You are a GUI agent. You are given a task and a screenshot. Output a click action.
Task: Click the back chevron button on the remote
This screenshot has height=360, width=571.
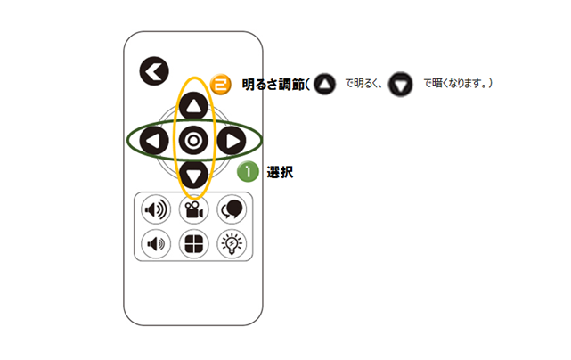tap(154, 71)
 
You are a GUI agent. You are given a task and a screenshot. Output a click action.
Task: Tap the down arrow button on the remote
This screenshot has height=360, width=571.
tap(193, 175)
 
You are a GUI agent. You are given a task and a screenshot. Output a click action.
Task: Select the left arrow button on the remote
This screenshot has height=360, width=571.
tap(154, 141)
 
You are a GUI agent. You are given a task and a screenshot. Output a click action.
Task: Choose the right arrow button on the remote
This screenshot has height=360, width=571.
tap(232, 141)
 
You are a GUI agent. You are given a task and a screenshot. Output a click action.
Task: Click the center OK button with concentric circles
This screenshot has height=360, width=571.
tap(193, 140)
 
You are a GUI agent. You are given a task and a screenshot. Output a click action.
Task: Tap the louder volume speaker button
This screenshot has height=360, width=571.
tap(156, 209)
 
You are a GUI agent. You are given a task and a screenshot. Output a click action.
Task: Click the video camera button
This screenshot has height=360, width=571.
tap(193, 209)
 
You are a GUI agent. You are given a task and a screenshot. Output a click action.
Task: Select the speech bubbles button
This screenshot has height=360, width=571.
tap(232, 209)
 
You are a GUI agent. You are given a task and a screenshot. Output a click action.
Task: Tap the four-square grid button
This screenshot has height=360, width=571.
tap(193, 244)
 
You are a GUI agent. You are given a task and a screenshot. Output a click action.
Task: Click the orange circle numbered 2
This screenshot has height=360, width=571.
tap(221, 85)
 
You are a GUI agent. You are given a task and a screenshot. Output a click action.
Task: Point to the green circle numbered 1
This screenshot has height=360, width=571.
tap(248, 171)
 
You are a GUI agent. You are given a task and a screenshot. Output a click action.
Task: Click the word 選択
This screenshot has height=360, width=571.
tap(280, 172)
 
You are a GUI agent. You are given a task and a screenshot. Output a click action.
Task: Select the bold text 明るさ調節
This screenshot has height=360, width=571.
tap(273, 85)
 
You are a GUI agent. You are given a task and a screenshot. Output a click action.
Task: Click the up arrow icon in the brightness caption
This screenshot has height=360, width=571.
tap(324, 84)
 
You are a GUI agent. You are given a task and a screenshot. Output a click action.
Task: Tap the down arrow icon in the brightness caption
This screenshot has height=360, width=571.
tap(400, 85)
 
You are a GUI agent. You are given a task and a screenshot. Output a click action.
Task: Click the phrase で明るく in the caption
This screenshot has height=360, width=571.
tap(361, 84)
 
